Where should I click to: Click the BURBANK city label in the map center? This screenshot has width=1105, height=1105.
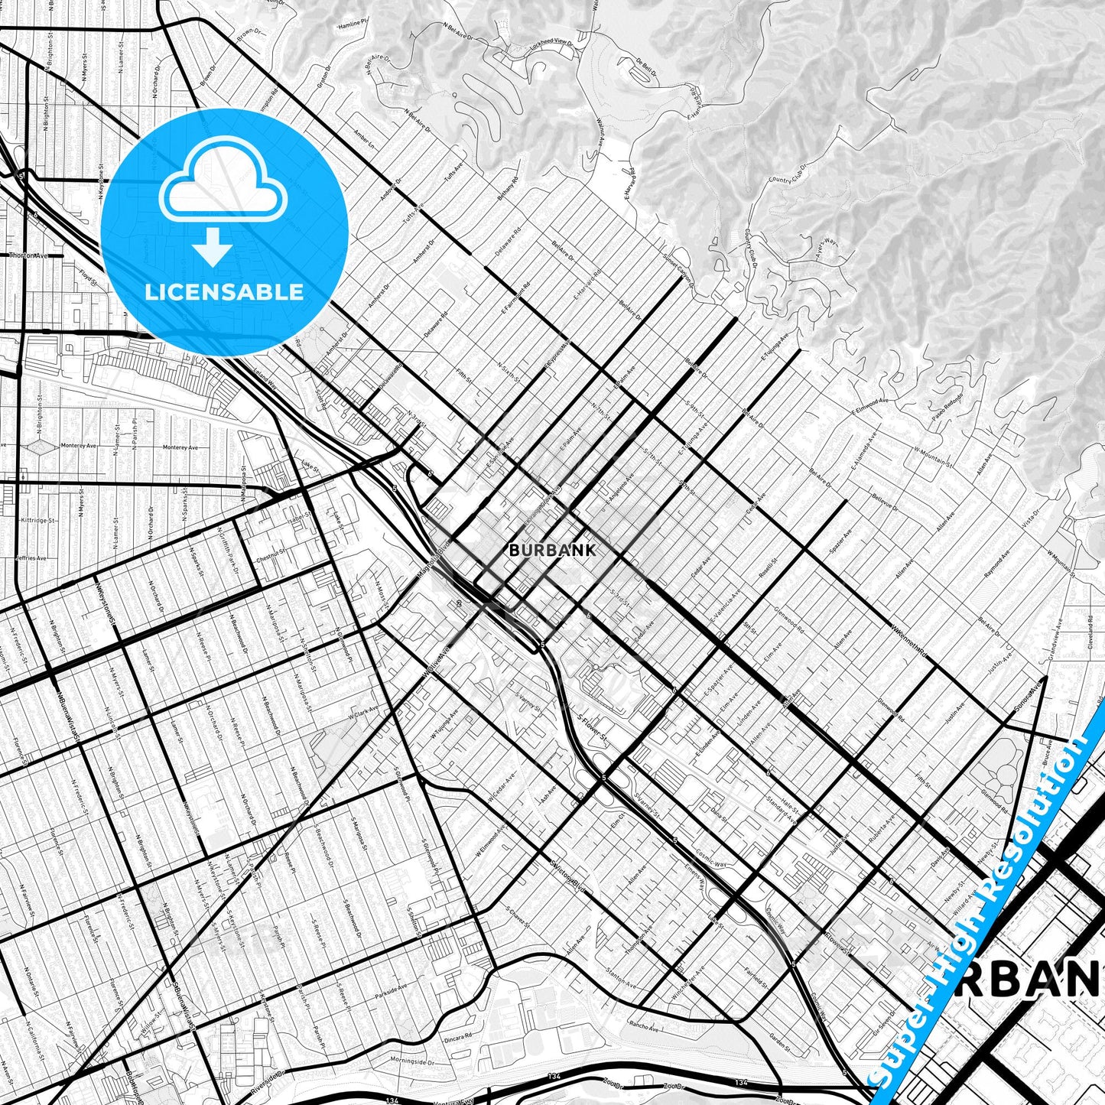click(551, 549)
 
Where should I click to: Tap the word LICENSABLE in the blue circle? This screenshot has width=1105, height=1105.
click(224, 292)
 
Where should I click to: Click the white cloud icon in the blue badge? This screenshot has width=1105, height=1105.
click(224, 184)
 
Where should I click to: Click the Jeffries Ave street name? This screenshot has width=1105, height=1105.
click(31, 558)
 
